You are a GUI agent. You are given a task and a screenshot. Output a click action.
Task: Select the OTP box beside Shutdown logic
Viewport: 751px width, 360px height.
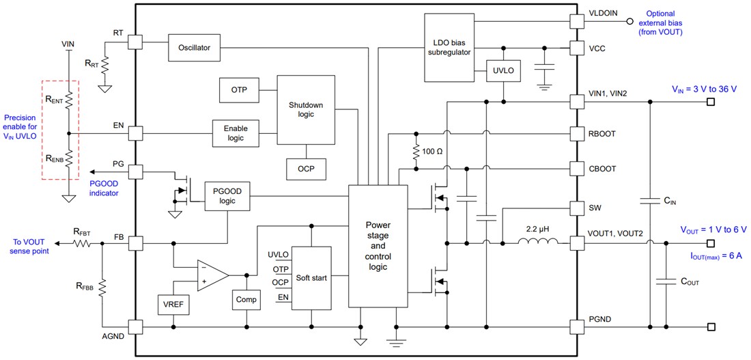click(x=239, y=89)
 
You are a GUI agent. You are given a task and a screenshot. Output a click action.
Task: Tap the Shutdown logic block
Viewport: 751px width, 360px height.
click(x=305, y=109)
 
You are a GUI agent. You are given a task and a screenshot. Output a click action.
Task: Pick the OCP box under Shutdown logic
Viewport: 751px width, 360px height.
click(x=306, y=168)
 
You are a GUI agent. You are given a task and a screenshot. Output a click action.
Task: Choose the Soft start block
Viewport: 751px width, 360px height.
click(x=311, y=278)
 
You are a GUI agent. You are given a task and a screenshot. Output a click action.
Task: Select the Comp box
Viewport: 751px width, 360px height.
click(x=245, y=299)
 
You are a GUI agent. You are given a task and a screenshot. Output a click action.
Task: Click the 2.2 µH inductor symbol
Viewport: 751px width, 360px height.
click(x=537, y=242)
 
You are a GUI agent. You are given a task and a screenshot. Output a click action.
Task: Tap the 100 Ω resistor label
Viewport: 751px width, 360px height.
click(x=437, y=150)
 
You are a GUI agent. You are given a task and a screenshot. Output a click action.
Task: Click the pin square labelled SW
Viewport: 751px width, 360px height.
click(x=578, y=207)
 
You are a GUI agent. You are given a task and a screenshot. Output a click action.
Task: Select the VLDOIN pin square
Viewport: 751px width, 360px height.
click(x=578, y=20)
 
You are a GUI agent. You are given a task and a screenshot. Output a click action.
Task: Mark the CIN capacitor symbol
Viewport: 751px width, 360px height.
click(x=650, y=201)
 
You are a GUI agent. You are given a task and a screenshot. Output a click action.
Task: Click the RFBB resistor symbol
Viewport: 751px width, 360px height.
click(x=102, y=287)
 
